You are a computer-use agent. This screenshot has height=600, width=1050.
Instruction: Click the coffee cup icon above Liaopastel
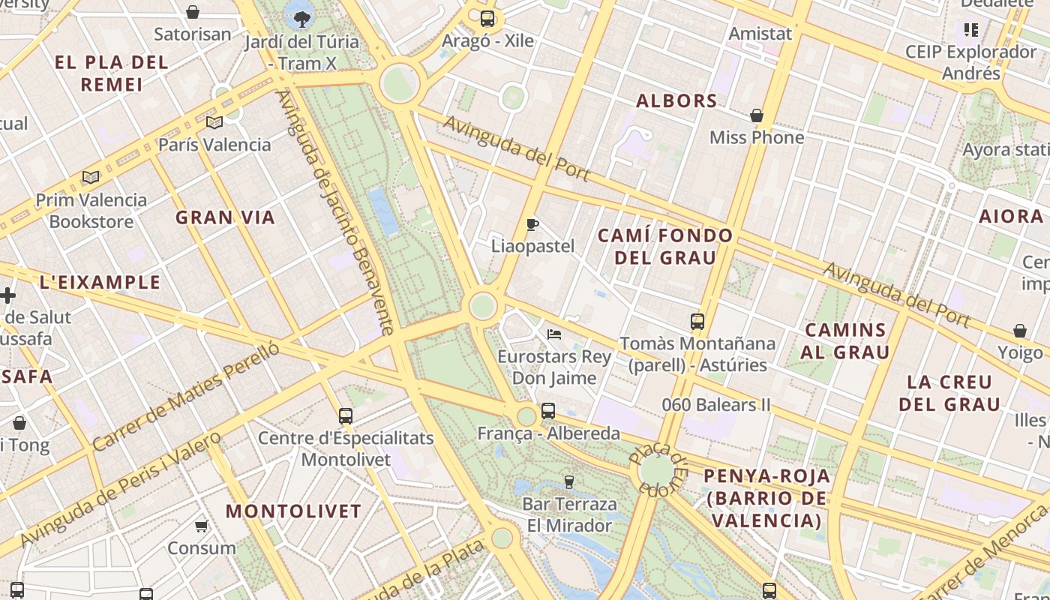(x=532, y=224)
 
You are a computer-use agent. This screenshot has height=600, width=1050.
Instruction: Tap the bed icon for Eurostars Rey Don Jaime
(x=554, y=334)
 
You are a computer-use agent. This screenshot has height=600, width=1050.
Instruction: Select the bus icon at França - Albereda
(x=548, y=411)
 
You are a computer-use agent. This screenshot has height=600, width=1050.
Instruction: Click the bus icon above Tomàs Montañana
(x=697, y=322)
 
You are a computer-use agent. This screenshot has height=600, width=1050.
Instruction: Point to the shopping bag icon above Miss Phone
(x=757, y=115)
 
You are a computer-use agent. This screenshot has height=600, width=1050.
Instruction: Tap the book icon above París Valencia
(x=214, y=122)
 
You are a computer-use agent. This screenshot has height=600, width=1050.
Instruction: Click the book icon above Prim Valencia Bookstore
(x=91, y=178)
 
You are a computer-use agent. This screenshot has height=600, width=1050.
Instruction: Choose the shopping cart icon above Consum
(x=201, y=526)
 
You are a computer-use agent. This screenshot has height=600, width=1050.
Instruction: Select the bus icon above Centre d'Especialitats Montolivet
(x=346, y=415)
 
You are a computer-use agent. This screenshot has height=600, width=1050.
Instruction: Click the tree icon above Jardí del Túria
(x=302, y=18)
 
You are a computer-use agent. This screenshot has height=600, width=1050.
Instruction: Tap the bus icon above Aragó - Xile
(x=487, y=19)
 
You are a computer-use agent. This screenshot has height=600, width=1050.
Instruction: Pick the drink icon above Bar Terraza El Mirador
(x=569, y=481)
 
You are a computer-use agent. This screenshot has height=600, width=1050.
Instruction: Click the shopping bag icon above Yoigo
(x=1020, y=331)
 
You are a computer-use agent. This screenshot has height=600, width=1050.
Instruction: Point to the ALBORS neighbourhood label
(x=676, y=100)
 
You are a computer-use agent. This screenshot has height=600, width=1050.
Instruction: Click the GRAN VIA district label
(x=225, y=217)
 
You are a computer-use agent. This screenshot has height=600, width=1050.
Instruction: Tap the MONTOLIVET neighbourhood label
(x=294, y=511)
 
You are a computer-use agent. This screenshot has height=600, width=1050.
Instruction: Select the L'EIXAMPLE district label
(x=100, y=282)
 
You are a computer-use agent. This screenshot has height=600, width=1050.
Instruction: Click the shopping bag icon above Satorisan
(x=193, y=12)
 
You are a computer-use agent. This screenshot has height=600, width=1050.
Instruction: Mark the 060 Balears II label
(x=716, y=405)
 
